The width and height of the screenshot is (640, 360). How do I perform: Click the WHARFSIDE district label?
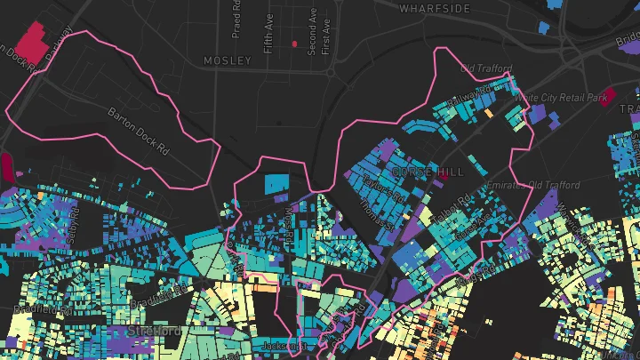(x=435, y=8)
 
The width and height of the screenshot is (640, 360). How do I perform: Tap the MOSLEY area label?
(x=228, y=60)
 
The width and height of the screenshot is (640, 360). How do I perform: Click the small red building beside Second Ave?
(x=295, y=44)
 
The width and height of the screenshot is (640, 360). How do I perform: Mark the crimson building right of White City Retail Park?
(x=607, y=98)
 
